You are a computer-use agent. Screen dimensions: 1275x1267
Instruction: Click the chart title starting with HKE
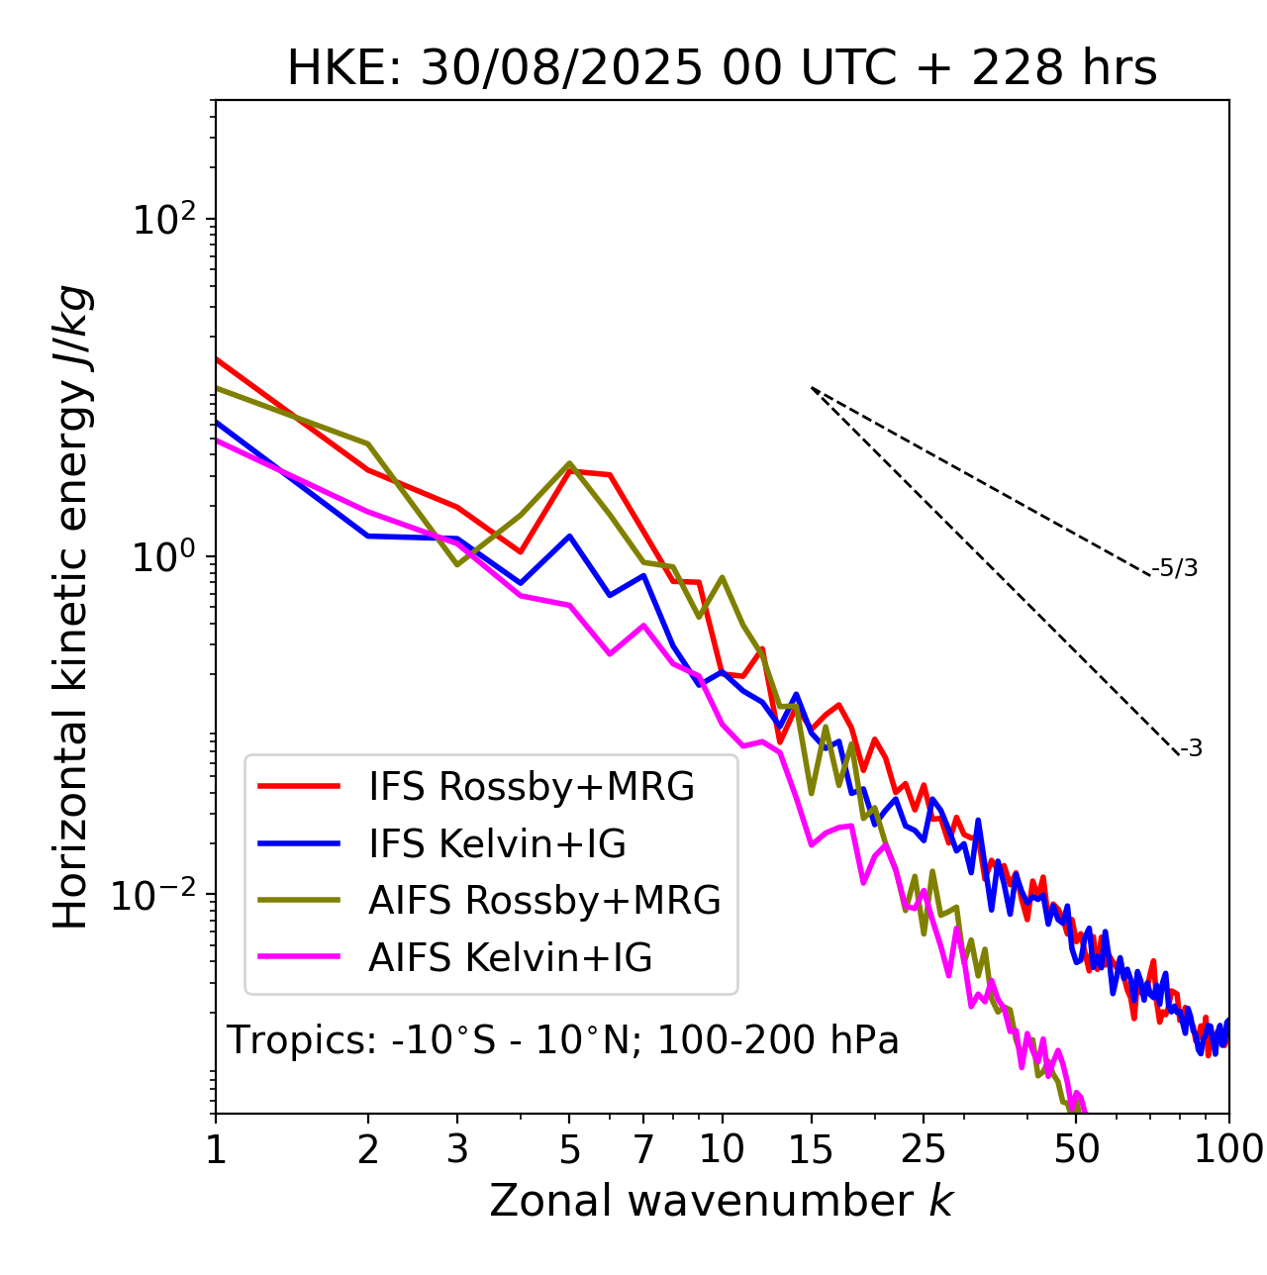[x=722, y=69]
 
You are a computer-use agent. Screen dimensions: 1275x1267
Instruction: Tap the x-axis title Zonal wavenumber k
[x=722, y=1201]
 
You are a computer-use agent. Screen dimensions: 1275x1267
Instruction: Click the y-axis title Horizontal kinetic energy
[x=72, y=607]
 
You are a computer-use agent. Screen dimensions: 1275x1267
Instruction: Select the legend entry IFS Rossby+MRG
[x=532, y=787]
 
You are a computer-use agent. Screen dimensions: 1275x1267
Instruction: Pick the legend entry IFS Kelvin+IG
[x=497, y=844]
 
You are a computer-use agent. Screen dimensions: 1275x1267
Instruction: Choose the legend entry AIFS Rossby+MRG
[x=544, y=901]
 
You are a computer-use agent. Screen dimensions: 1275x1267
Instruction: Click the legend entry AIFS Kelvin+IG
[x=510, y=958]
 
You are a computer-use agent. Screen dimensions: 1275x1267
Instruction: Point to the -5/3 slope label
[x=1175, y=568]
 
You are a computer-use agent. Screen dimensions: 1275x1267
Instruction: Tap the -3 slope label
[x=1191, y=749]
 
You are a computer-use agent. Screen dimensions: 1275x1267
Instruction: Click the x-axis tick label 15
[x=812, y=1148]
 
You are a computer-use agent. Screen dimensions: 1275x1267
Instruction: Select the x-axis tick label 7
[x=643, y=1148]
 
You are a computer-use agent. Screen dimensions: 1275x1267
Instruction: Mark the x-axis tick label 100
[x=1228, y=1148]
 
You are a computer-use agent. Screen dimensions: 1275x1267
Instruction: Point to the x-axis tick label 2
[x=368, y=1148]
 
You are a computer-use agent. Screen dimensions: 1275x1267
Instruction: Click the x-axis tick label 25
[x=923, y=1148]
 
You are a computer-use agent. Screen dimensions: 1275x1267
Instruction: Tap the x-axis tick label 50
[x=1076, y=1148]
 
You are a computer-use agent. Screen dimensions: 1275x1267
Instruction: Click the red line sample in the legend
[x=299, y=787]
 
